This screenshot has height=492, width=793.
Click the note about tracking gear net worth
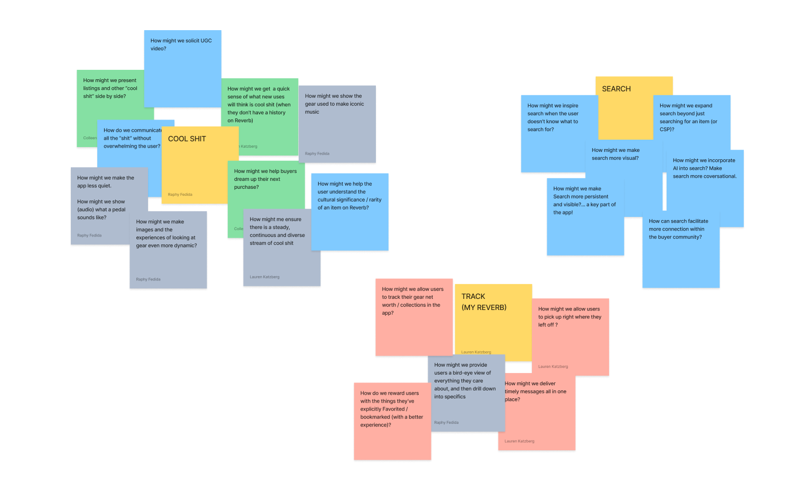[413, 317]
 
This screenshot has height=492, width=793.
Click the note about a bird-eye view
[465, 391]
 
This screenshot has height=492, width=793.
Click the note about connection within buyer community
[681, 254]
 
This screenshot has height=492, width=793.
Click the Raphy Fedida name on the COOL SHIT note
[180, 195]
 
